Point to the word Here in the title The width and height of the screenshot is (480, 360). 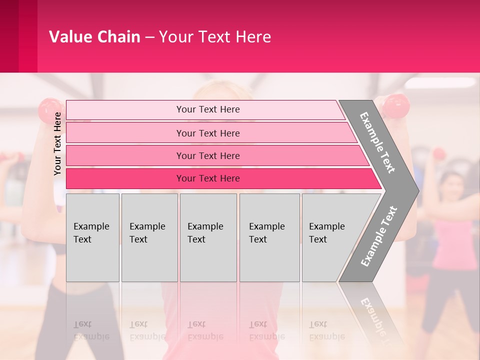tap(253, 37)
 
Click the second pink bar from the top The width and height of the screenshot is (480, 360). tap(208, 133)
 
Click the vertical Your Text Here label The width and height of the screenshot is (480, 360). tap(57, 143)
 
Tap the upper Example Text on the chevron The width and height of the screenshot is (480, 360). tap(377, 142)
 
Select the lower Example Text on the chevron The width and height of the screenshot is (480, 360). tap(378, 236)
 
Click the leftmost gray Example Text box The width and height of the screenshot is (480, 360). tap(92, 237)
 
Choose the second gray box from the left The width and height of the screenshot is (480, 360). tap(149, 237)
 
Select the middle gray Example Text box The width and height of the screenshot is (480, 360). tap(208, 237)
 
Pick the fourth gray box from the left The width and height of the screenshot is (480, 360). tap(269, 237)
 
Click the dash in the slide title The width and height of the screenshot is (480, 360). tap(149, 37)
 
